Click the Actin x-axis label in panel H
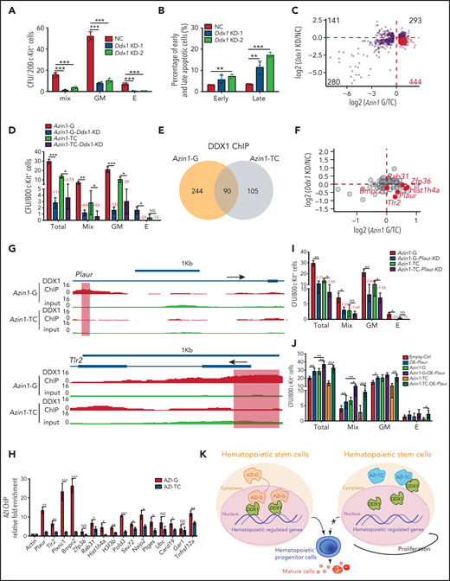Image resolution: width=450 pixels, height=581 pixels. point(30,545)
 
